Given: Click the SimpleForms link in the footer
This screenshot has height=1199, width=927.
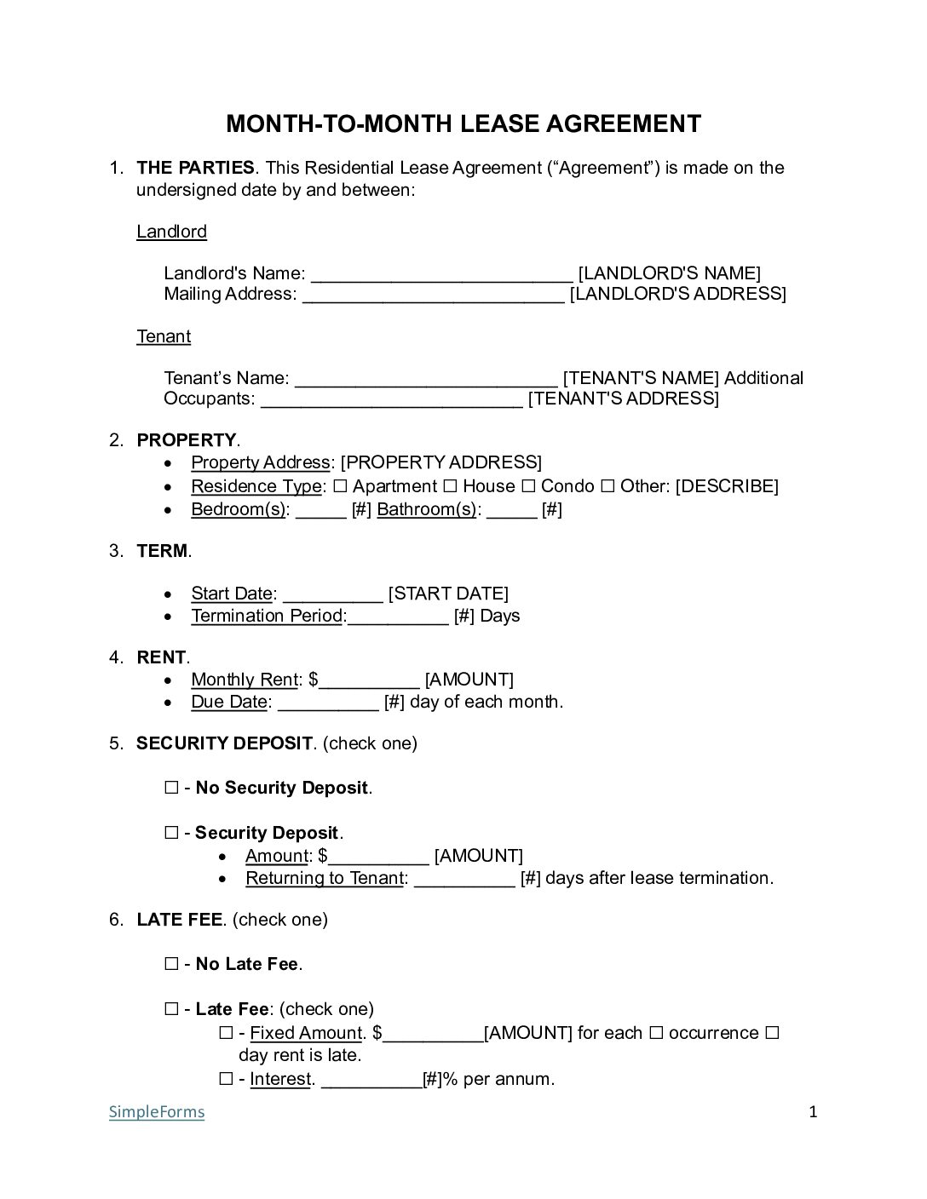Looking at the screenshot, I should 157,1112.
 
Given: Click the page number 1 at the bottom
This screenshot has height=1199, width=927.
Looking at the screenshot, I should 813,1111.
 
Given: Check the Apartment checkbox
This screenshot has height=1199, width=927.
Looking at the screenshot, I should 340,486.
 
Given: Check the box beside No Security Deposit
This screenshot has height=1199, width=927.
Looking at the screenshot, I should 171,789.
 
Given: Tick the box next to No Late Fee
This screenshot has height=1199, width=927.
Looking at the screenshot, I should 171,965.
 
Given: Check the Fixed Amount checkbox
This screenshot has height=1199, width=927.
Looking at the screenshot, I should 226,1034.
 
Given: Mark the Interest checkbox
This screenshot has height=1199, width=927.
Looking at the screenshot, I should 226,1080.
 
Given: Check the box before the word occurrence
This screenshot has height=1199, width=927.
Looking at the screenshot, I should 656,1034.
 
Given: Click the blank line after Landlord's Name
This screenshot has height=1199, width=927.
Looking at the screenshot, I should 441,274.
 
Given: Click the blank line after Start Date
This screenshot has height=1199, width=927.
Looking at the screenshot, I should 332,594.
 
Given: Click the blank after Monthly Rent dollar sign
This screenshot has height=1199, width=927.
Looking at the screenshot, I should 369,680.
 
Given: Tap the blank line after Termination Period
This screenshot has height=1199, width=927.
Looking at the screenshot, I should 398,617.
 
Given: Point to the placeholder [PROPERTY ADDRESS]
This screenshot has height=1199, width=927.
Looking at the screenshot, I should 440,462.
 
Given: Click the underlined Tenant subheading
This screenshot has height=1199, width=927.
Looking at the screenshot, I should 164,336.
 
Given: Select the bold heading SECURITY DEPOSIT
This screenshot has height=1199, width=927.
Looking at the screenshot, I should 224,743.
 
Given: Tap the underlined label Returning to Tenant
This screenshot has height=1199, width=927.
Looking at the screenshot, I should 325,878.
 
